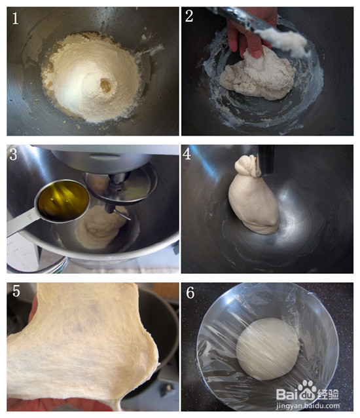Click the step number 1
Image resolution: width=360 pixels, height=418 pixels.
coord(15,18)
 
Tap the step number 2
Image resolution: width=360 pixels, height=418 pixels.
coord(189,16)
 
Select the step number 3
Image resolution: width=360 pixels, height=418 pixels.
coord(13,155)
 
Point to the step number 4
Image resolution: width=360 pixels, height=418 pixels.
coord(187,154)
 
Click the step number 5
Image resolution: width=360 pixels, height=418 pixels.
coord(16,291)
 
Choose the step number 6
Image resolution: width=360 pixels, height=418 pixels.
coord(190,292)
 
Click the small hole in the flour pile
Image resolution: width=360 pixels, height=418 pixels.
coord(106,86)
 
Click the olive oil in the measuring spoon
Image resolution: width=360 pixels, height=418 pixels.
coord(63,199)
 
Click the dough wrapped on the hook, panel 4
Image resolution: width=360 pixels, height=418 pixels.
coord(253,199)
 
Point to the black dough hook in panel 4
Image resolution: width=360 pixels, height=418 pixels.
coord(265,160)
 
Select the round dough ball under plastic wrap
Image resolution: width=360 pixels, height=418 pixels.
coord(268,349)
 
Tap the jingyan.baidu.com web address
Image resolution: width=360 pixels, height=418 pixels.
coord(308,406)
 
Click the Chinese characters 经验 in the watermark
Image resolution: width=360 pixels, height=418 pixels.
coord(328,394)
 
